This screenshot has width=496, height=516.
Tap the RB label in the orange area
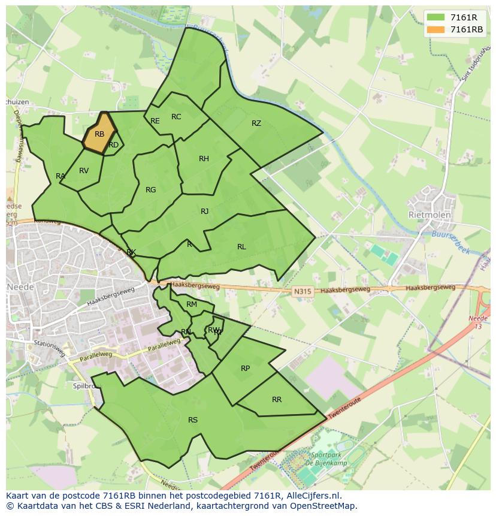[99, 134]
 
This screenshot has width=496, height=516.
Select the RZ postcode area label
[256, 123]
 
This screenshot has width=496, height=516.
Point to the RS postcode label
[193, 420]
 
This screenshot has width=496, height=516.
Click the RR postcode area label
[277, 400]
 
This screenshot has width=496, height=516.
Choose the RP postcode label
[245, 369]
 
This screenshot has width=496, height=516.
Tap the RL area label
[241, 247]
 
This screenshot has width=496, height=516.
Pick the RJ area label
[205, 212]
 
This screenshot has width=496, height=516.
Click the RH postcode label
[204, 159]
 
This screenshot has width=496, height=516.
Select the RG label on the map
[150, 190]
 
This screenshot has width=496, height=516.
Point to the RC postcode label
[176, 117]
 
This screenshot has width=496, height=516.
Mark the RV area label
[84, 171]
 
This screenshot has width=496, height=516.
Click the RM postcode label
[192, 304]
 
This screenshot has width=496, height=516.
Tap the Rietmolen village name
[428, 215]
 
